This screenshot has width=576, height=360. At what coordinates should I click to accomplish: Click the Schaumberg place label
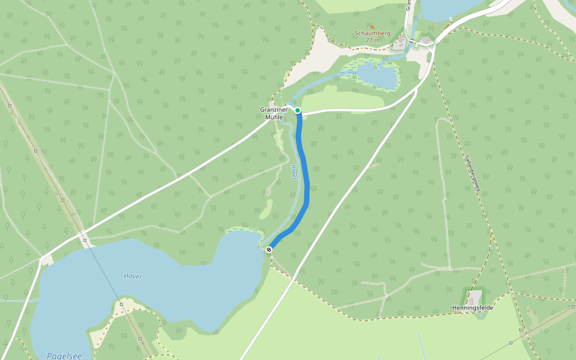[372, 34]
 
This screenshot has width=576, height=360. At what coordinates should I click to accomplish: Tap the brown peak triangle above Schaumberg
[372, 26]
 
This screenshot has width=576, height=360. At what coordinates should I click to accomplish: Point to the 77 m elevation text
[372, 40]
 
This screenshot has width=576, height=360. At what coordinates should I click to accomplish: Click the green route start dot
[297, 110]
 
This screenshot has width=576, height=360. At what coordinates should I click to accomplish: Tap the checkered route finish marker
[269, 250]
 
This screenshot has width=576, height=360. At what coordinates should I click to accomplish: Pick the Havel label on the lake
[132, 276]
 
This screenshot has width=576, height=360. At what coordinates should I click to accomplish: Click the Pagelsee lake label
[64, 356]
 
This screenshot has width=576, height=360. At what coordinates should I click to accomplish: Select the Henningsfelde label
[472, 308]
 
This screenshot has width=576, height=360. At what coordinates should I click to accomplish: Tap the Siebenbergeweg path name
[473, 174]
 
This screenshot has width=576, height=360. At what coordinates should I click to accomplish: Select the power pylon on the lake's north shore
[85, 240]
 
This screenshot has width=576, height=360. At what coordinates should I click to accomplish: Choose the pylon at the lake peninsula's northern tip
[121, 304]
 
